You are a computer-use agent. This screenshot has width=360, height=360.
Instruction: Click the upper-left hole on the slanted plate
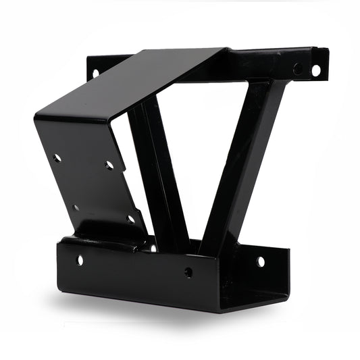57,158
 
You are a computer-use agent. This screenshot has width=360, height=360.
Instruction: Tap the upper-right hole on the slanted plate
109,165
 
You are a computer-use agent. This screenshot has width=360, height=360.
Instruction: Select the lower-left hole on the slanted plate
76,207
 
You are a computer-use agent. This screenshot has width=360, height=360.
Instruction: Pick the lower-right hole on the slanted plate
130,219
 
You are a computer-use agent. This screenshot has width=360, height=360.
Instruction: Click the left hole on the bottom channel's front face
80,259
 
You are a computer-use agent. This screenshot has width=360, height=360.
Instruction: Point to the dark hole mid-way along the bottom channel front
188,272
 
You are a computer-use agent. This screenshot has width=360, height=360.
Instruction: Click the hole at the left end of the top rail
95,72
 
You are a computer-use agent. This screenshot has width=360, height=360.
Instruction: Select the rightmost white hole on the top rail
315,70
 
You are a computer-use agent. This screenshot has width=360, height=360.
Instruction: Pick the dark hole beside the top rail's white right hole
298,69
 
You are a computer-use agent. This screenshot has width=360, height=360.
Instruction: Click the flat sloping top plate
135,81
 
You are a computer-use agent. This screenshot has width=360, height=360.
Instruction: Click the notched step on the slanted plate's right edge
124,162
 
